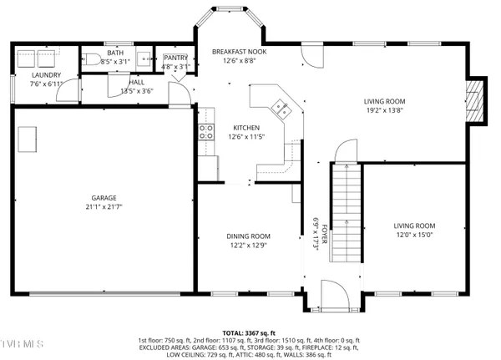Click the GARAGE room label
point(104,199)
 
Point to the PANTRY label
point(175,57)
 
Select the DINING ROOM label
point(248,236)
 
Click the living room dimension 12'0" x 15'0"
point(414,235)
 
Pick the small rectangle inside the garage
point(28,139)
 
